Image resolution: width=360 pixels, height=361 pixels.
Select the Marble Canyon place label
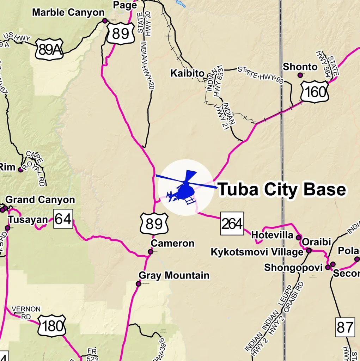coord(68,13)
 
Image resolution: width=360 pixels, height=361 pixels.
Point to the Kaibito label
coord(187,73)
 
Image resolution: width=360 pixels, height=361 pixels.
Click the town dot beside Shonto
coord(300,75)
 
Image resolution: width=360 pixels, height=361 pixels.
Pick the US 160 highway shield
coord(315,92)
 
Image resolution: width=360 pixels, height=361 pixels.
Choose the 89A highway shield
coord(49,49)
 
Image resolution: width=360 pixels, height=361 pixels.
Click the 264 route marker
coord(232,224)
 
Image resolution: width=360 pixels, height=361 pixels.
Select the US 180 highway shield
coord(52,326)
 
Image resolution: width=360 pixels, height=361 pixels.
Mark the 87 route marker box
coord(344,328)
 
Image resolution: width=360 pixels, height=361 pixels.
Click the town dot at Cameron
coord(151,252)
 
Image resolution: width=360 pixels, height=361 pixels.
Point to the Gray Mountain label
coord(174,275)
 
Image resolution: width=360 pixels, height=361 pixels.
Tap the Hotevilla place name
coord(273,235)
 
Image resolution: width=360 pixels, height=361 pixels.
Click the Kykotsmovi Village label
coord(257,252)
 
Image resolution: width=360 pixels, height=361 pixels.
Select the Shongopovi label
coord(293,268)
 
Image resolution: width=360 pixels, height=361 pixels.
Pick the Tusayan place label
coord(28,220)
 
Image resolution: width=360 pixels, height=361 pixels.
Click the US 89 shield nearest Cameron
coord(154,224)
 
